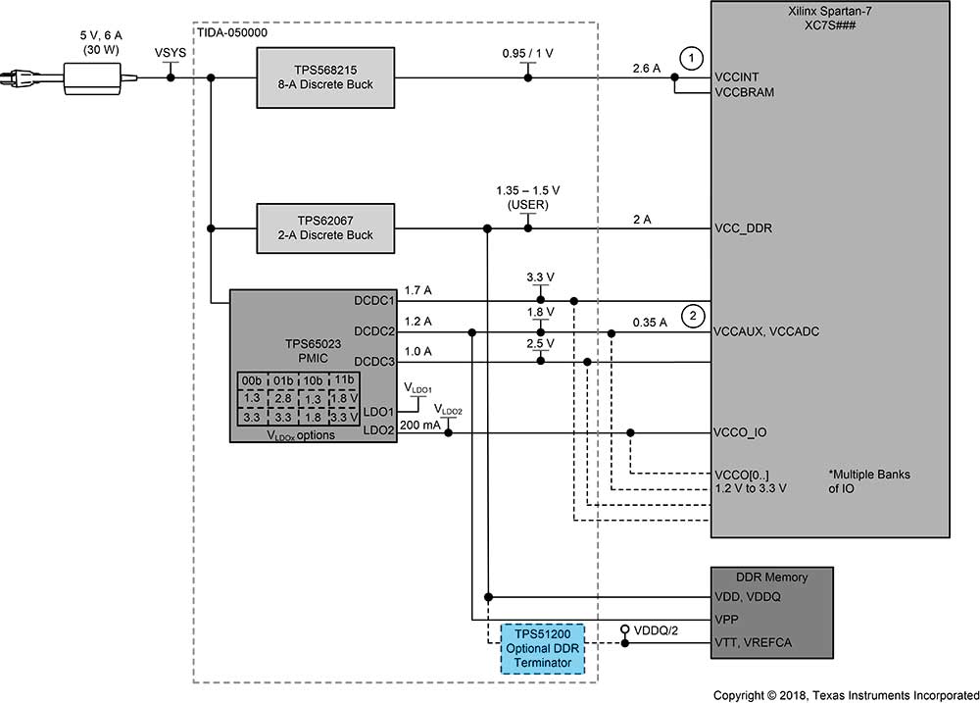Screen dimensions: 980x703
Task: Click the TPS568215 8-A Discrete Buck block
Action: (x=325, y=77)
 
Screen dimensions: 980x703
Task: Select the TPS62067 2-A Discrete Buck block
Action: (x=325, y=228)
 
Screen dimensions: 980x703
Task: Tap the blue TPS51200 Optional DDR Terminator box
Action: (x=543, y=649)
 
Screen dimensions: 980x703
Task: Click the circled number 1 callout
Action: (x=691, y=59)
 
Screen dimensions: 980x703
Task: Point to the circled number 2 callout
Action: (x=693, y=316)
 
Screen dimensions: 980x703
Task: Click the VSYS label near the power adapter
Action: (x=170, y=53)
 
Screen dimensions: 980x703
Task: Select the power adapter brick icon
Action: (x=100, y=77)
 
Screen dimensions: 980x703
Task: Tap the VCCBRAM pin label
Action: (x=745, y=92)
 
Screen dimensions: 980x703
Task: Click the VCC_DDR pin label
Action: (x=743, y=228)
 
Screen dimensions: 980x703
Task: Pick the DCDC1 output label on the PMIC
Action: (x=374, y=301)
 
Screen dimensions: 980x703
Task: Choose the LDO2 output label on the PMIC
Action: (x=378, y=430)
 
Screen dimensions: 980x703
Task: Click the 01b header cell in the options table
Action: (x=282, y=380)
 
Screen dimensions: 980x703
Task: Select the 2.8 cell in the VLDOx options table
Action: (x=282, y=398)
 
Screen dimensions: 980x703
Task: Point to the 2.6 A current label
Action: (x=646, y=69)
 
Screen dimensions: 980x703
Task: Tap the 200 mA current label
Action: (x=420, y=426)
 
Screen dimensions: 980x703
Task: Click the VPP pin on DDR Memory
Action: (x=726, y=620)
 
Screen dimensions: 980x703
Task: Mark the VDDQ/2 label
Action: (x=656, y=630)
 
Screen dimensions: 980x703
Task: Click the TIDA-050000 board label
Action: (x=232, y=32)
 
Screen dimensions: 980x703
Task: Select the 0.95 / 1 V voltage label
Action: (x=527, y=53)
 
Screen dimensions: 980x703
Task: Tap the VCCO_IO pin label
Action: (x=740, y=432)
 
